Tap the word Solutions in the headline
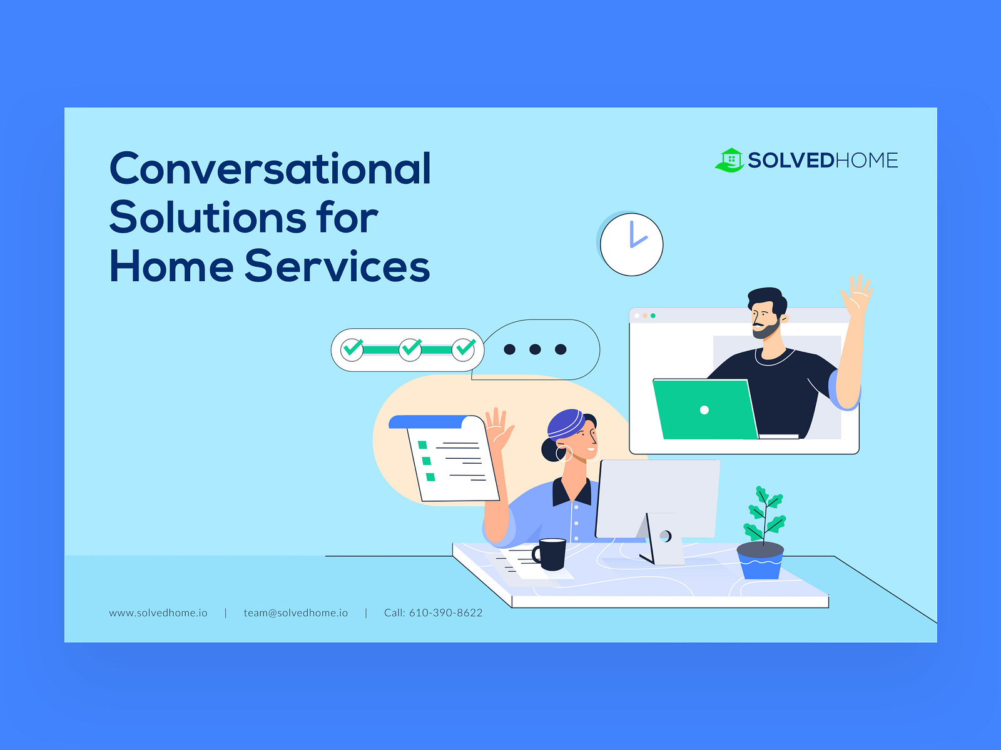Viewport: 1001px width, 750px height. click(208, 217)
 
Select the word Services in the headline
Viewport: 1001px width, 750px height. click(337, 266)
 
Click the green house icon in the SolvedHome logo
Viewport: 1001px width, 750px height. click(730, 160)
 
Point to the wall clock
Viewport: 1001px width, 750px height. click(631, 244)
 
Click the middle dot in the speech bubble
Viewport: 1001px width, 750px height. click(535, 349)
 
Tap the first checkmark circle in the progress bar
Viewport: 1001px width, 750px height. click(352, 349)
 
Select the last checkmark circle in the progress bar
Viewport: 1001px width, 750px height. click(464, 349)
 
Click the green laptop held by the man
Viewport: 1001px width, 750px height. click(704, 409)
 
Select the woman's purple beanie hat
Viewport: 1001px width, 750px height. click(566, 424)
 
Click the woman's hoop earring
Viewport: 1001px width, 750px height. click(564, 454)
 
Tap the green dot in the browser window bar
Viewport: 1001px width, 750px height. click(653, 316)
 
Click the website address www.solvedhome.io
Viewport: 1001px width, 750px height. click(158, 613)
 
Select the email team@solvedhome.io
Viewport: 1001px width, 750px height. click(295, 613)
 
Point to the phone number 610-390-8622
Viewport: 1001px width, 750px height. click(445, 613)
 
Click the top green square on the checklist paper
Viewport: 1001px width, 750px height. click(423, 445)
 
